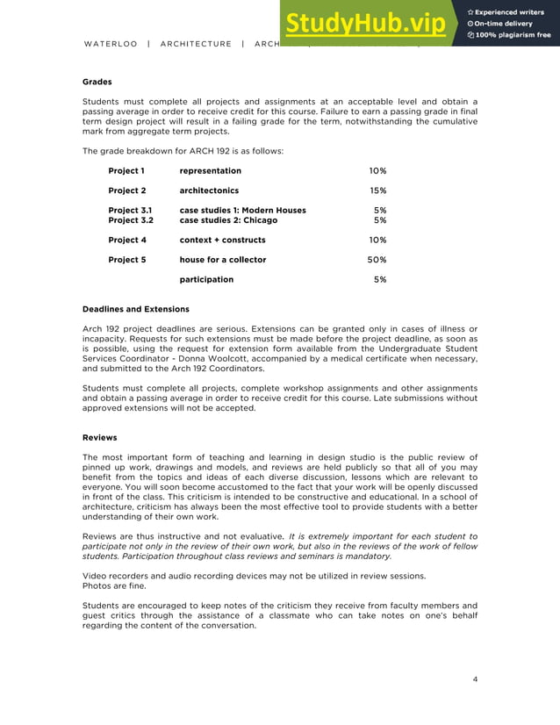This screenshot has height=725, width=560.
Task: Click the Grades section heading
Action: (97, 81)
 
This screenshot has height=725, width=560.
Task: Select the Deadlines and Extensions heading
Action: (135, 309)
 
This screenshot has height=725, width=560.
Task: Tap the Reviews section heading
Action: (99, 436)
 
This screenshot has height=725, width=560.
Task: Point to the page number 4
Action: (475, 678)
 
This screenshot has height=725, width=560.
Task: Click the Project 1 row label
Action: (126, 170)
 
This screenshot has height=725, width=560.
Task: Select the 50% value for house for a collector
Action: (377, 260)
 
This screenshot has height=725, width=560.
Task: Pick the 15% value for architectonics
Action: (377, 190)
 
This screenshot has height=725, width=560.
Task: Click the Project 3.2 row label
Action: (130, 220)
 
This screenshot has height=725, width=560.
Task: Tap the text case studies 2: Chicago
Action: (228, 220)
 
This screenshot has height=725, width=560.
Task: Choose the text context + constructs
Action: (222, 240)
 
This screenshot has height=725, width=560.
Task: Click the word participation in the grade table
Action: (206, 279)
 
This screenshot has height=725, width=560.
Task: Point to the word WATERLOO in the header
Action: (111, 44)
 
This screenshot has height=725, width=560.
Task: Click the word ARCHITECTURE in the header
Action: (196, 44)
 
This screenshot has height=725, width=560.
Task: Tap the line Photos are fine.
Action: (115, 585)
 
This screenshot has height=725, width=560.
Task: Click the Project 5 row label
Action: (126, 260)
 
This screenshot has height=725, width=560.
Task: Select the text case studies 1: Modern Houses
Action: (242, 211)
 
